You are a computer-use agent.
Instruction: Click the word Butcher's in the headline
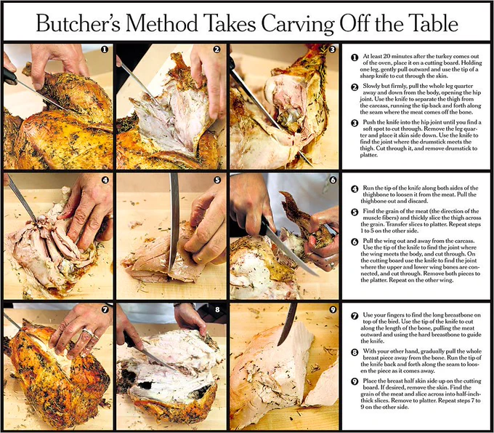coord(78,23)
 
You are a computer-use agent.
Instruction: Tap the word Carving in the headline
coord(298,24)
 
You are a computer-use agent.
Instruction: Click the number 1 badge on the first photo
coord(105,49)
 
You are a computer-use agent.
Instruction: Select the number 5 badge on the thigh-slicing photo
coord(217,180)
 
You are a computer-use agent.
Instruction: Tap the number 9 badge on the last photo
coord(333,309)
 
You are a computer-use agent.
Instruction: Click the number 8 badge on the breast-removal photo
coord(217,309)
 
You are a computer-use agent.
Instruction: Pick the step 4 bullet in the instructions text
coord(355,188)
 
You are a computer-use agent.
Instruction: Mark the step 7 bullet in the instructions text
coord(355,316)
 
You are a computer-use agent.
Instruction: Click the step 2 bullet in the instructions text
coord(355,87)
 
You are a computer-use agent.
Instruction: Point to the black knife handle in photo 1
coord(9,76)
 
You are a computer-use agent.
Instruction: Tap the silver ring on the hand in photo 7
coord(88,332)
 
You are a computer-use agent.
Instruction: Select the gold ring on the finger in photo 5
coord(200,259)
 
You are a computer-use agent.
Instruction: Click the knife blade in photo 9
coord(288,325)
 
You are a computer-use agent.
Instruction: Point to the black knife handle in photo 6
coord(265,226)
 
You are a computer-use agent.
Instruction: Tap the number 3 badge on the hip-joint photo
coord(333,49)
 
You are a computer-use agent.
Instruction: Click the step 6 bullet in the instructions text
coord(355,242)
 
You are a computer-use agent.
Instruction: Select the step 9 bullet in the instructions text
coord(355,381)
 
